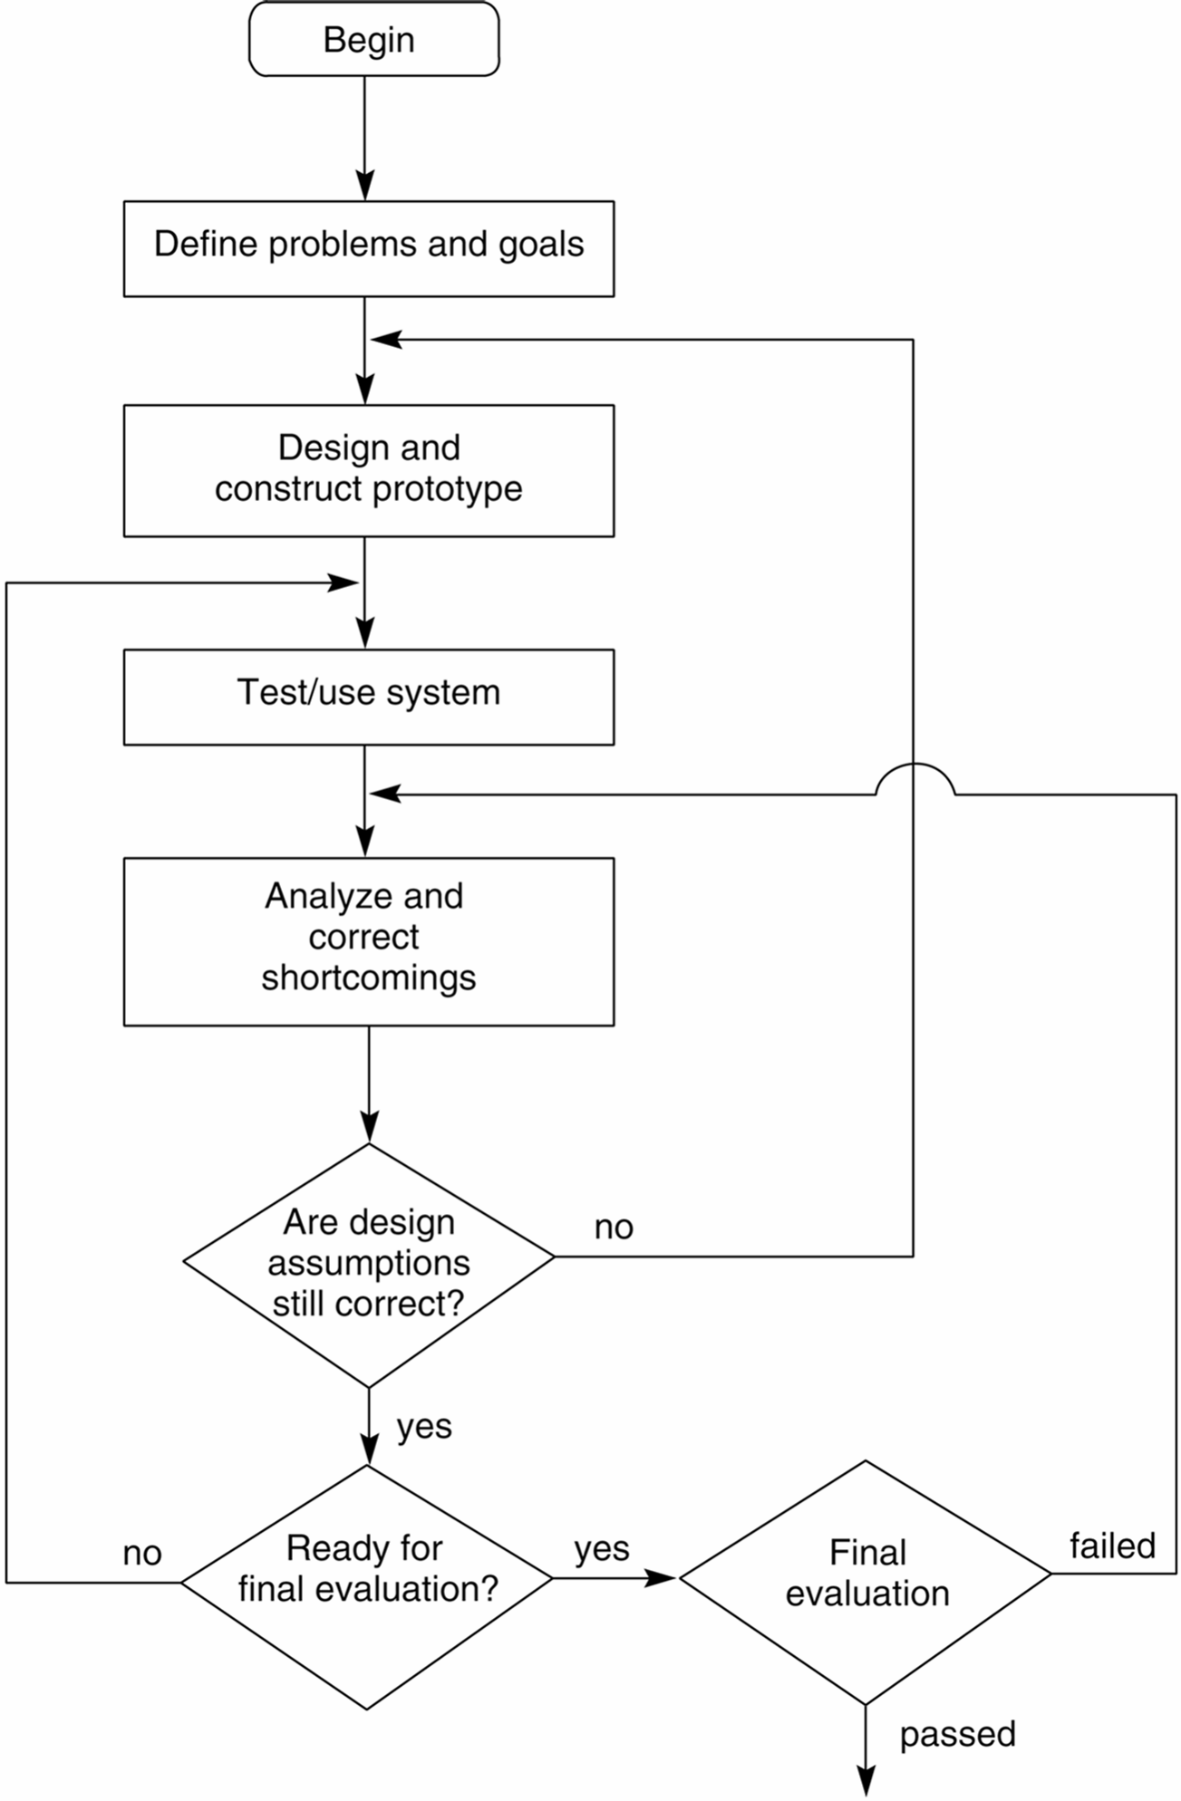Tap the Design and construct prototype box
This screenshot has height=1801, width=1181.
pyautogui.click(x=369, y=470)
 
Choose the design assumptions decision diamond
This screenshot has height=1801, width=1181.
pyautogui.click(x=369, y=1264)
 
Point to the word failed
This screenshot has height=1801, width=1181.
pyautogui.click(x=1112, y=1545)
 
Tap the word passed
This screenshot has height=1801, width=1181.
pyautogui.click(x=957, y=1733)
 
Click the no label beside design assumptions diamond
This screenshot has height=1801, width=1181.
pyautogui.click(x=614, y=1228)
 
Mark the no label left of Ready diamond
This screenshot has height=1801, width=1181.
pyautogui.click(x=142, y=1553)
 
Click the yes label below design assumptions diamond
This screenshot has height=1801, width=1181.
pyautogui.click(x=424, y=1426)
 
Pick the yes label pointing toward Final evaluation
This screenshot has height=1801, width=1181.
pyautogui.click(x=601, y=1548)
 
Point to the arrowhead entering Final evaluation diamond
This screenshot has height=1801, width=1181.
pyautogui.click(x=663, y=1578)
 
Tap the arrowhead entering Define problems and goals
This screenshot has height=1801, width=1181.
pyautogui.click(x=364, y=187)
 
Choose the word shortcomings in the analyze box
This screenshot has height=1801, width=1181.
pyautogui.click(x=369, y=978)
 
